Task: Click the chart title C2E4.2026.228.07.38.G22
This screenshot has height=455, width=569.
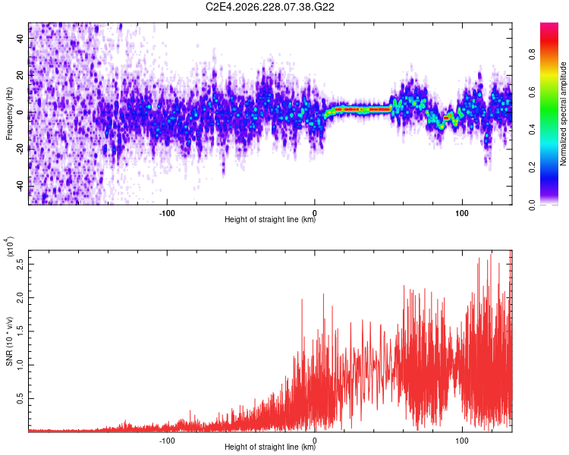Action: click(x=269, y=7)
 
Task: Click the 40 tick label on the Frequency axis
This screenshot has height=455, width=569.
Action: click(x=20, y=39)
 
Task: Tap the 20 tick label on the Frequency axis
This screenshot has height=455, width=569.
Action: click(x=20, y=76)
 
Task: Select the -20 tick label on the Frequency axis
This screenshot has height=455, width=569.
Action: click(x=20, y=150)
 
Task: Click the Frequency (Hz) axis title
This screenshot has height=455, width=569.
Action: click(x=9, y=114)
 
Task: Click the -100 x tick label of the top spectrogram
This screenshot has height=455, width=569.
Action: click(x=167, y=213)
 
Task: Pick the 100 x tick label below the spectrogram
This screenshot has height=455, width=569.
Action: click(x=461, y=213)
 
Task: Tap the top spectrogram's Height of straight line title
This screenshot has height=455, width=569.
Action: click(x=270, y=219)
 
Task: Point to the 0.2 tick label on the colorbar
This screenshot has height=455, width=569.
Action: click(x=532, y=168)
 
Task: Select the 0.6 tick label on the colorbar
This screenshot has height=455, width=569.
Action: click(x=532, y=93)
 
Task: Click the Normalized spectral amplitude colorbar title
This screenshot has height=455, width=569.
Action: click(x=563, y=114)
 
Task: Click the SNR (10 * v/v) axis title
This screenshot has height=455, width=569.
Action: click(x=9, y=341)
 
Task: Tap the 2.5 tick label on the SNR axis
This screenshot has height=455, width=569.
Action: click(x=20, y=264)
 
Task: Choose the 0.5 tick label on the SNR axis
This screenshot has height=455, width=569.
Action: click(x=20, y=399)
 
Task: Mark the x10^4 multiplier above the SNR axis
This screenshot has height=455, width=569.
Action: click(x=10, y=246)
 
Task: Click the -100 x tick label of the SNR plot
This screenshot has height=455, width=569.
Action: click(x=167, y=441)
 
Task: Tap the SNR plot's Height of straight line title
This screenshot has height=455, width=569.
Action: click(x=270, y=447)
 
